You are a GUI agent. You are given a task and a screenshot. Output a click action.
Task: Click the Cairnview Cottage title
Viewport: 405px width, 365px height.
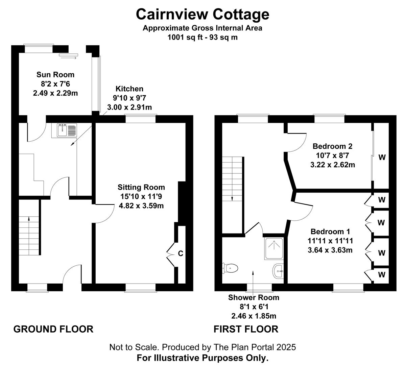coord(202,14)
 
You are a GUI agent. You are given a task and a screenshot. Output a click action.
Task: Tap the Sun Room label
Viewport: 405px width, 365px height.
coord(55,75)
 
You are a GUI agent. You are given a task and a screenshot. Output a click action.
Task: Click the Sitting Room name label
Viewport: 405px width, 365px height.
coord(141,187)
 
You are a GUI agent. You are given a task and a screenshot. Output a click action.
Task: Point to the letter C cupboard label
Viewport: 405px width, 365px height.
coord(181,253)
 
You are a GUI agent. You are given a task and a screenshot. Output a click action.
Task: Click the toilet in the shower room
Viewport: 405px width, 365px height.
coord(230,268)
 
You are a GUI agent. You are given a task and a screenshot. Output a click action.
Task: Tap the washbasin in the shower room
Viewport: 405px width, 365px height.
coord(278,271)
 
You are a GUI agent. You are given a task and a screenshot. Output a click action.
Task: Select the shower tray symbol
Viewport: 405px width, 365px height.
coord(274,249)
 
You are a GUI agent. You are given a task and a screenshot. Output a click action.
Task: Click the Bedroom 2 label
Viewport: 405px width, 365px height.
coord(332,146)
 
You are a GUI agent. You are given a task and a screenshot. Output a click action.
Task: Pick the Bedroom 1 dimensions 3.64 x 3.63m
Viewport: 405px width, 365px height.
coord(330,250)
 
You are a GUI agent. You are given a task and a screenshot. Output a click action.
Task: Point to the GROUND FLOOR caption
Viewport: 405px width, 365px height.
coord(53,329)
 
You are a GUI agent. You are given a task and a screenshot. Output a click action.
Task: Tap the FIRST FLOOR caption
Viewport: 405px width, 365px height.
coord(246,329)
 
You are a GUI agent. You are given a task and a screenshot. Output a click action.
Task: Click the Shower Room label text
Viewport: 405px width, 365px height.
coord(254,297)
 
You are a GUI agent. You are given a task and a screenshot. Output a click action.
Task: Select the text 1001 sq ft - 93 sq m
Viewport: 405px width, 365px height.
coord(202,38)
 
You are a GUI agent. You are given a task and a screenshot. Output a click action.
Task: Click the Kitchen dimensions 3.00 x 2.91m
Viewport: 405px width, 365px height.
coord(129,107)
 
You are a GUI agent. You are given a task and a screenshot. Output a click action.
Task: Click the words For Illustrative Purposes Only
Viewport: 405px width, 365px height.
coord(202,358)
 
